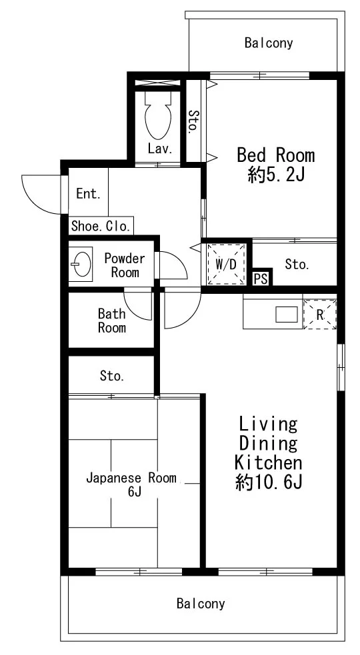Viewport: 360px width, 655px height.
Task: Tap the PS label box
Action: pos(261,279)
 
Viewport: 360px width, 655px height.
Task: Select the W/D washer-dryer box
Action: pos(226,264)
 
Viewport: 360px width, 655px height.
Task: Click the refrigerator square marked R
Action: pos(320,314)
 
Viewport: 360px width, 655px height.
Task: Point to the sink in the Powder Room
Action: pos(81,264)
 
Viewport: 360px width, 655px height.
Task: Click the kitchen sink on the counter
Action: pos(287,315)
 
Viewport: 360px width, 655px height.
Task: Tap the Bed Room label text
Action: pos(275,155)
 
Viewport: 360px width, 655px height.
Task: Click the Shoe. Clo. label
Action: pos(101,227)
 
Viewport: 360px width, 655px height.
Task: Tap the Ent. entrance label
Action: pos(88,193)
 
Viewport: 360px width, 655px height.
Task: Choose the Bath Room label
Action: pos(111,321)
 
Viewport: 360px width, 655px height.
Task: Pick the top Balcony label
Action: pos(269,43)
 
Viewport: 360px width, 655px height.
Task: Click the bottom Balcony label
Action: pos(201,603)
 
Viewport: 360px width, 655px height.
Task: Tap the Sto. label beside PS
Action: pos(297,264)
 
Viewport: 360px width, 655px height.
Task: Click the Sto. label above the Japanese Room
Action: pos(111,376)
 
